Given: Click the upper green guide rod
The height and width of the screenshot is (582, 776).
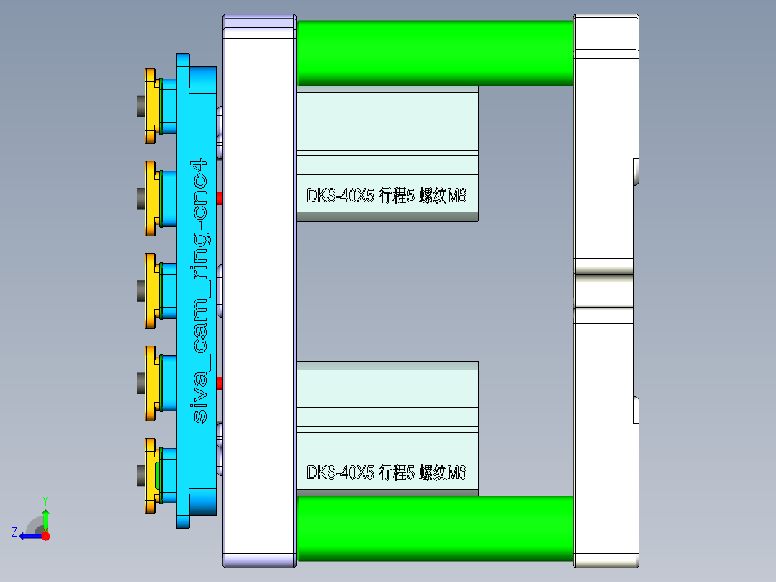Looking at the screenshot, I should point(435,53).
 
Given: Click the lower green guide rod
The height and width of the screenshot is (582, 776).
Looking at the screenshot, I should point(435,527).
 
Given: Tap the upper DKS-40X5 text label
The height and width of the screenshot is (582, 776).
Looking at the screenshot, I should point(387,195).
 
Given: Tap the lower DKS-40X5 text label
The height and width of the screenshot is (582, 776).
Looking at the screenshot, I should point(387,473).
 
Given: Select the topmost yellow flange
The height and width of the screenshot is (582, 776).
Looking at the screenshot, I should point(150,106).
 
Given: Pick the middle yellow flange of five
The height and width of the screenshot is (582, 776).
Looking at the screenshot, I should point(150,290).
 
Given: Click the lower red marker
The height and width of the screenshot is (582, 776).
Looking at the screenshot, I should point(220,382).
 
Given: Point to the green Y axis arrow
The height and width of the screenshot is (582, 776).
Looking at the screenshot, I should point(45,516).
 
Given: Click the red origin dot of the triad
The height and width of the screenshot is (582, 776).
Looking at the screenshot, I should point(46,536).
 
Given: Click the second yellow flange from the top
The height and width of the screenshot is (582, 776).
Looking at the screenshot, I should point(150,198).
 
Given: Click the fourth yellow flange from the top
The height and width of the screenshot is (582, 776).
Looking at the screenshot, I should point(150,383).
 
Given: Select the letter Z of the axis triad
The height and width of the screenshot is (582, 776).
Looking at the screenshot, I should point(14,532).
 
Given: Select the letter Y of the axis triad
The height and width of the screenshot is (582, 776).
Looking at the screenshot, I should point(45,500).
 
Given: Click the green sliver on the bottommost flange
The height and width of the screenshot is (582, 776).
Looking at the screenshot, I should point(158,475).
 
